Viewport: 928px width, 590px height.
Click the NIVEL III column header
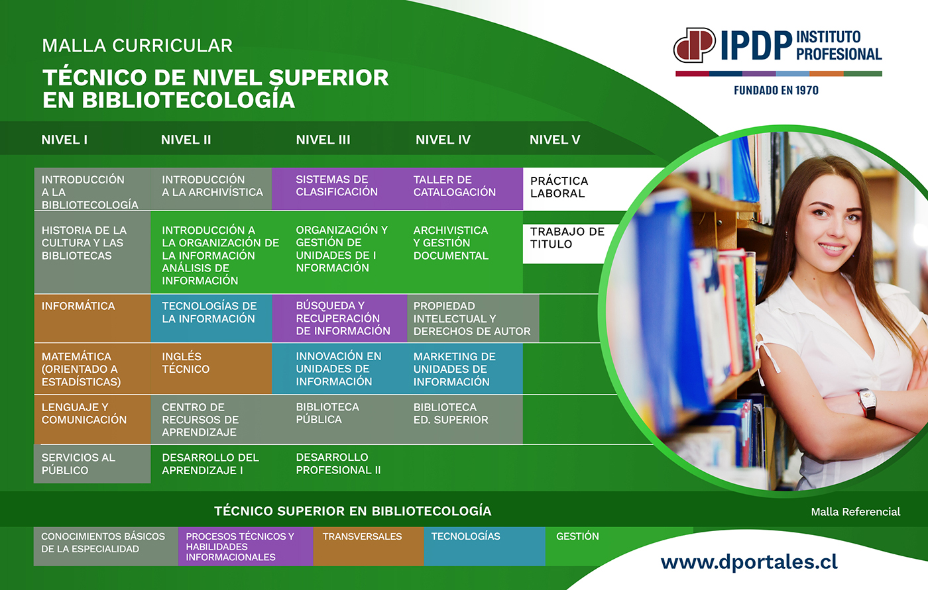tap(323, 140)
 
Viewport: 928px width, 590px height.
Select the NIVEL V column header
tap(555, 140)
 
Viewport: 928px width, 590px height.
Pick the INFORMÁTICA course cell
tap(92, 318)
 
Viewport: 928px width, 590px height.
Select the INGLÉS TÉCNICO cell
tap(211, 369)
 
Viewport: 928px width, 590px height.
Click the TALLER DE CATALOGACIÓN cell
tap(465, 189)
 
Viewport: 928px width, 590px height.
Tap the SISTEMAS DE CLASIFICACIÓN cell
tap(339, 189)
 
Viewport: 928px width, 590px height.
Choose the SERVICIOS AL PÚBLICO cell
tap(92, 464)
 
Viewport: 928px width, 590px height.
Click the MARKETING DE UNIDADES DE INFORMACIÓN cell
tap(465, 369)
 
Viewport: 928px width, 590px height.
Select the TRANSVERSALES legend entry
tap(369, 546)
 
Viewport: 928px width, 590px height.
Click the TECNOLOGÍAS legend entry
tap(485, 546)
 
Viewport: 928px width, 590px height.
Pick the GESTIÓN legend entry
tap(577, 536)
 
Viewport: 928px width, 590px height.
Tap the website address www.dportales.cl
tap(749, 563)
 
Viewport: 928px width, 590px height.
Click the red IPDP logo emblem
tap(695, 45)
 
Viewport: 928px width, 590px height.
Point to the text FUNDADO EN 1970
tap(776, 90)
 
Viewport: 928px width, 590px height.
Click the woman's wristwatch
tap(868, 403)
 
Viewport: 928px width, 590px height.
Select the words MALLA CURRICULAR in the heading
tap(137, 46)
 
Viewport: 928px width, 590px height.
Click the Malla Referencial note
tap(856, 512)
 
